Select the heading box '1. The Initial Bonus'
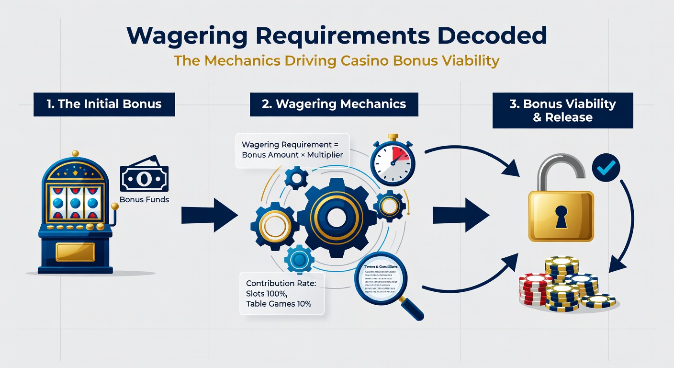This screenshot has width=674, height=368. tap(104, 104)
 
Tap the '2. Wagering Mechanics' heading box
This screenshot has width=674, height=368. tap(334, 104)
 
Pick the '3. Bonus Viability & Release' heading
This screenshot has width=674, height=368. tap(562, 111)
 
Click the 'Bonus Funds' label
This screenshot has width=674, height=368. tap(145, 199)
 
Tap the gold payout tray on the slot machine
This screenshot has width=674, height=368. tap(75, 251)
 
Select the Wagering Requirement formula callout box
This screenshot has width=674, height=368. tap(293, 150)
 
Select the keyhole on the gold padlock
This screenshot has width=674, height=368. tap(561, 216)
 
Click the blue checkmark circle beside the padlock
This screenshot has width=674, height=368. tap(606, 167)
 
